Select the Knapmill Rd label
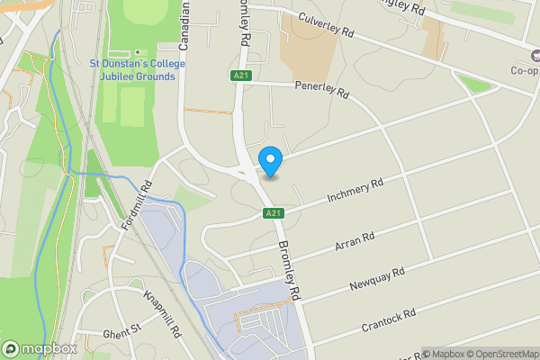[163, 313]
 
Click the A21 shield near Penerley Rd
[239, 76]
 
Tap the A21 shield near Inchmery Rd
[274, 213]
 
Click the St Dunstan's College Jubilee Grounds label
[138, 69]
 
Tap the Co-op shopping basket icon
[531, 54]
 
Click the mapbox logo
[40, 348]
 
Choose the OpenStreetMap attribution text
[499, 353]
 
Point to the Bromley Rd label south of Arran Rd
[288, 270]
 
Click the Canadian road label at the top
[188, 25]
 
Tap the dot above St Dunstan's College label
[138, 52]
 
